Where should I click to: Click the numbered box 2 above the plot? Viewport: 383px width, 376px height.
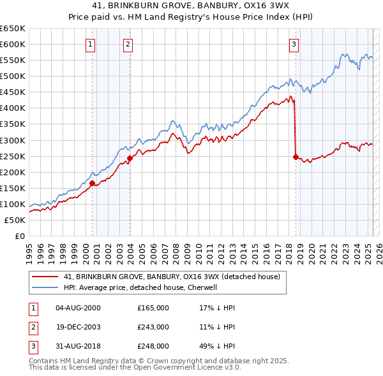[x=128, y=45]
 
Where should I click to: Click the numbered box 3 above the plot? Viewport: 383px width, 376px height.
[x=294, y=45]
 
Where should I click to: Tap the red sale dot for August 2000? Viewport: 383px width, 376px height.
[x=93, y=183]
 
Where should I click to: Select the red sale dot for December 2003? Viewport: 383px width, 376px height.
[x=130, y=158]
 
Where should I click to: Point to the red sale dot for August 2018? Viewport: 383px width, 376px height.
[x=296, y=156]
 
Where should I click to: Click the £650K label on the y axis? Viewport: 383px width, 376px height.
[x=13, y=29]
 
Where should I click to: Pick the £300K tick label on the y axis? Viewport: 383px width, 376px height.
[x=13, y=140]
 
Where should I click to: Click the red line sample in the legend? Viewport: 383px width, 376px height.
[x=45, y=277]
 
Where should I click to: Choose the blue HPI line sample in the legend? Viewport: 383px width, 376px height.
[x=45, y=287]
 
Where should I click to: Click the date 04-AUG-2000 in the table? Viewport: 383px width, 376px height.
[x=78, y=308]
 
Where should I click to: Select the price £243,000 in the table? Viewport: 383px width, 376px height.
[x=153, y=327]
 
